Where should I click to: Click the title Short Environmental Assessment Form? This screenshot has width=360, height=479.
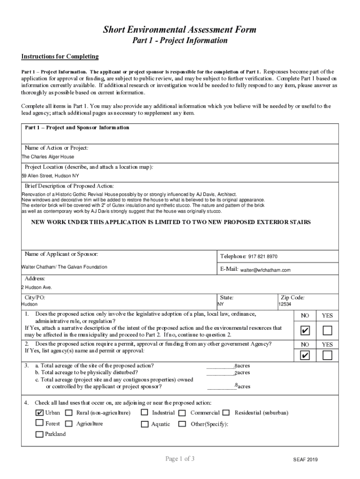[180, 30]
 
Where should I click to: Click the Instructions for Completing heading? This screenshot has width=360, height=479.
[60, 57]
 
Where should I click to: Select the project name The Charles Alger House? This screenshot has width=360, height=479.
[48, 157]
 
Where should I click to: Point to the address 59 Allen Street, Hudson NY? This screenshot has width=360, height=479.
[50, 176]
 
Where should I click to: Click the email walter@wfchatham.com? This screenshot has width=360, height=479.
[265, 270]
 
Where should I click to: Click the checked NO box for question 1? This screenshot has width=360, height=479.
[305, 331]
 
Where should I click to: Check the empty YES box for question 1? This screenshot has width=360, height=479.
[327, 331]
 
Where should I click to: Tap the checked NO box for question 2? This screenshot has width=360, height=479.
[305, 356]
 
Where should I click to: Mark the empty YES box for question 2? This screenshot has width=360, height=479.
[327, 356]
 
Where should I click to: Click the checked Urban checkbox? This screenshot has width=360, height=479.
[40, 413]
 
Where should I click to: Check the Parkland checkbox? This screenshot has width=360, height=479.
[40, 435]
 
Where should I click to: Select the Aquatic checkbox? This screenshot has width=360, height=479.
[144, 424]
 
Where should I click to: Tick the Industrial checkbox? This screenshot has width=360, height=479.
[144, 413]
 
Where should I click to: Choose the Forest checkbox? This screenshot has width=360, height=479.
[40, 423]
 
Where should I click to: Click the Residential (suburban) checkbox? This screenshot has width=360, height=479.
[226, 413]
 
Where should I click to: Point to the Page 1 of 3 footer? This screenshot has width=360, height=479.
[180, 459]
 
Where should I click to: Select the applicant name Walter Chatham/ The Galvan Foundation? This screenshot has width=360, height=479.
[65, 267]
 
